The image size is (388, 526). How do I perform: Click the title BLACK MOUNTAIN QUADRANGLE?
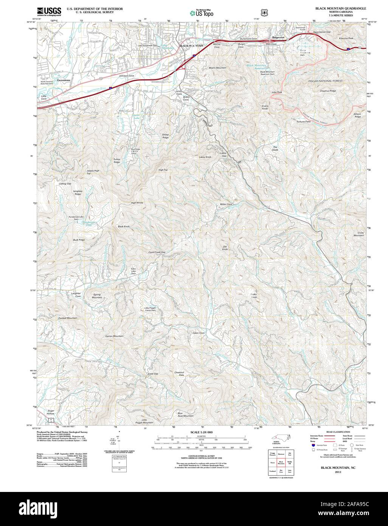click(x=338, y=8)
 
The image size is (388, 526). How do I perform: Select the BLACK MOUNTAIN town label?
click(x=191, y=46)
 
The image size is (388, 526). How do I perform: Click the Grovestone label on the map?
click(x=64, y=81)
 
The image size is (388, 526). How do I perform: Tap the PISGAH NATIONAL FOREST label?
click(x=325, y=81)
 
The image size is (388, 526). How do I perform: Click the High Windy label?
click(x=137, y=203)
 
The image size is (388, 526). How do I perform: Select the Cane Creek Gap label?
click(x=157, y=252)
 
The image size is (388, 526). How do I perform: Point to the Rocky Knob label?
click(x=253, y=296)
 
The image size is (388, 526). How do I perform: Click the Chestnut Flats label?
click(x=179, y=373)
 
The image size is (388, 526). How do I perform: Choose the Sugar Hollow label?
click(x=51, y=412)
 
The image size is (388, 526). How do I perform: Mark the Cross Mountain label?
click(x=359, y=234)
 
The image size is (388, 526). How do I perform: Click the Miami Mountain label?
click(x=217, y=68)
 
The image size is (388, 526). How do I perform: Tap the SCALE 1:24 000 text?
click(x=202, y=432)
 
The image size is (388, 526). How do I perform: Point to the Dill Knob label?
click(x=225, y=248)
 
